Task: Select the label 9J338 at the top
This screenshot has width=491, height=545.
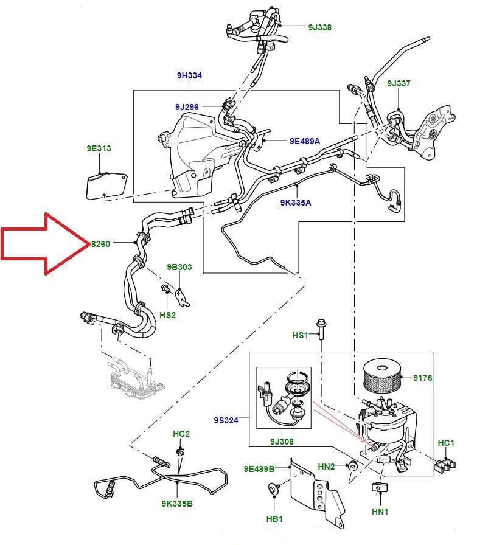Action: (319, 27)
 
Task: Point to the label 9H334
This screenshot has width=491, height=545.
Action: (189, 75)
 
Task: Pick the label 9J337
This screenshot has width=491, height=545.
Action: (399, 83)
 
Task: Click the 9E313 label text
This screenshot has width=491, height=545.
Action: (99, 148)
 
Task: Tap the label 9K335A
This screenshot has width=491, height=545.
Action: (296, 202)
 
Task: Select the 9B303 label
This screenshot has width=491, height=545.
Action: (179, 267)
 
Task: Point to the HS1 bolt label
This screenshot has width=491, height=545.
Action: (301, 335)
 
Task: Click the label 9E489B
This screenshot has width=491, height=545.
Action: (259, 469)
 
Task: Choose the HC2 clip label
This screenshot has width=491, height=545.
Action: (181, 434)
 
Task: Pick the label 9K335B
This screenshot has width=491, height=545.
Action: (177, 504)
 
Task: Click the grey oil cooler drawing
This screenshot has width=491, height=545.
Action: (132, 380)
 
